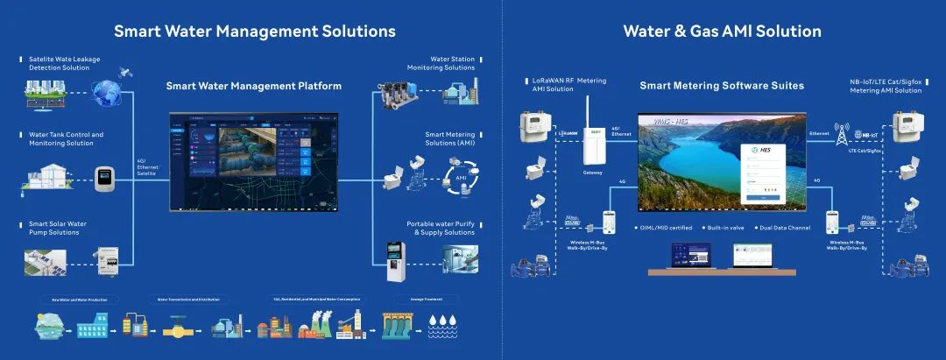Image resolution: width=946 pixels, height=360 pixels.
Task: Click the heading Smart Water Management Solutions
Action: pos(254,32)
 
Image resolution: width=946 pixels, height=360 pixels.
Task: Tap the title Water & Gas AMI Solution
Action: pos(722,32)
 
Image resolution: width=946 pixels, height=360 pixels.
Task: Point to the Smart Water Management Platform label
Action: pos(253,86)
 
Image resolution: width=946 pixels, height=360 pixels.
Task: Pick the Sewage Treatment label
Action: pos(426,299)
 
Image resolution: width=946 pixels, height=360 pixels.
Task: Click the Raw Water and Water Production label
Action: pos(80,299)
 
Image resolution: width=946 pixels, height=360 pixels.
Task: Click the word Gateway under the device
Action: pos(593,173)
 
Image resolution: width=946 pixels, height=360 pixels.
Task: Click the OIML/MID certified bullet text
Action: pos(665,228)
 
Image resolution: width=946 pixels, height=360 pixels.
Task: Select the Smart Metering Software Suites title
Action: pos(722,86)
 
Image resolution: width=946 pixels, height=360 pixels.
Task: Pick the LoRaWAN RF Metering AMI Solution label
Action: pos(569,84)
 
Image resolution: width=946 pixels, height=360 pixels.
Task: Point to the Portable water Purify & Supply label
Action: pos(441,228)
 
